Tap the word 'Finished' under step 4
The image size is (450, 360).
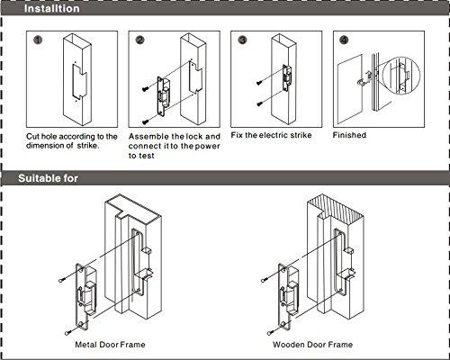tap(349, 136)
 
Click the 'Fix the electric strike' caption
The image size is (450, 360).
tap(270, 136)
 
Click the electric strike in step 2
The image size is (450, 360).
tap(165, 91)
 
